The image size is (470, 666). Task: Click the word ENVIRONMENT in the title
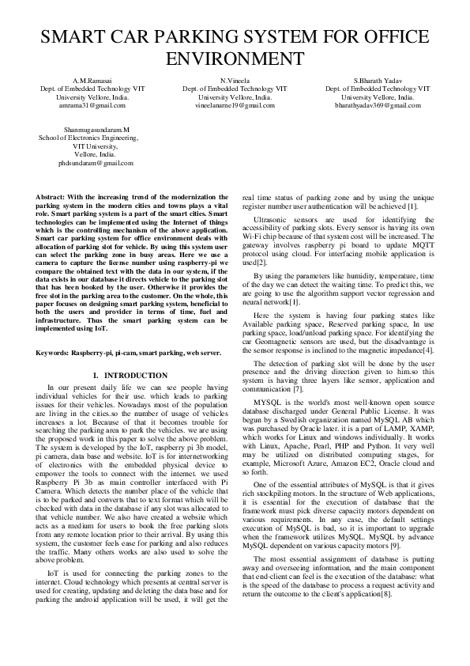(235, 58)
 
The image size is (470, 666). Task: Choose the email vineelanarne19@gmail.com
(235, 105)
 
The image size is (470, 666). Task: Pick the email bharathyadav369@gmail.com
(378, 105)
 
